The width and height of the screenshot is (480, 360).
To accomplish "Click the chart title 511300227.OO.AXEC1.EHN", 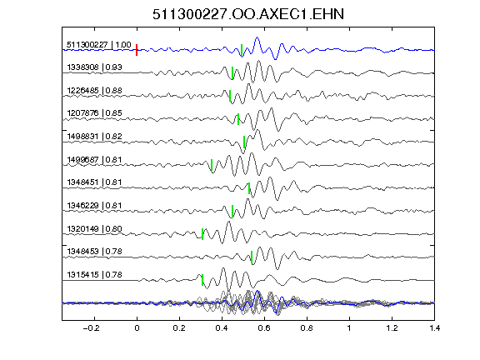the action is (248, 14).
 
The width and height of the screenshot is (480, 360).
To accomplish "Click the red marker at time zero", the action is (137, 50).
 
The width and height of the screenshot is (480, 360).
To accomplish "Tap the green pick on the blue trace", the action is (242, 50).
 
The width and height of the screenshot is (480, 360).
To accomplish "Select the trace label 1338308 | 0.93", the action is (95, 67).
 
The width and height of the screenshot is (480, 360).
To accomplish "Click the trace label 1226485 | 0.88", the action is (95, 91).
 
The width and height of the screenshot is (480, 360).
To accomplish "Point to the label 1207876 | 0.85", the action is (95, 113).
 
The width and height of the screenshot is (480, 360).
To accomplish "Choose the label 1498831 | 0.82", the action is (95, 137).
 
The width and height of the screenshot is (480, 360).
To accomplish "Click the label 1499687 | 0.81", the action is (95, 160).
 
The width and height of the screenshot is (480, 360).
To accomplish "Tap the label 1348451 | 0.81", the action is (95, 182).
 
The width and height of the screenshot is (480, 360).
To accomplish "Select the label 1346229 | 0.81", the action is (95, 205).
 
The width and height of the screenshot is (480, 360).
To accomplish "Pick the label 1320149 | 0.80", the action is (95, 229).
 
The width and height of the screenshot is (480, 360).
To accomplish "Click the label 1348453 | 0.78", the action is (95, 252).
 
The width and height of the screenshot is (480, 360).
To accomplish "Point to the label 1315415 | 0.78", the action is (95, 275).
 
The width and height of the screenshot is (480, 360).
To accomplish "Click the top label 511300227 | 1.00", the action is (99, 45).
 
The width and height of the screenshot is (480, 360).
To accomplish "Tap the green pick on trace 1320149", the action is (202, 234).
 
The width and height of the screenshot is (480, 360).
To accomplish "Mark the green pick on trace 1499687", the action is (212, 165).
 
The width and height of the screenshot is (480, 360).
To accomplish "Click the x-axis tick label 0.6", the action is (264, 328).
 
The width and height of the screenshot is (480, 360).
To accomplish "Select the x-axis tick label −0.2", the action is (91, 328).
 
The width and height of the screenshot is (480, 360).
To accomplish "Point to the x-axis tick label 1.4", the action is (435, 328).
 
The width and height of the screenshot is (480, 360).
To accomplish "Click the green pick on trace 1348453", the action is (252, 257).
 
